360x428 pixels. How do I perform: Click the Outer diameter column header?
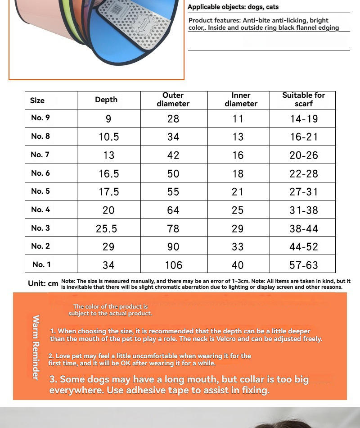pos(173,100)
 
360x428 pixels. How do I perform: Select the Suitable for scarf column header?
pos(303,100)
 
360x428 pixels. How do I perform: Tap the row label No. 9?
pos(40,118)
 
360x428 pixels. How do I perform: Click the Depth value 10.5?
pos(108,137)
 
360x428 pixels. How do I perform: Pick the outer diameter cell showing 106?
pos(173,265)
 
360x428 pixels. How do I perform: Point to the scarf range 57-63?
pos(304,265)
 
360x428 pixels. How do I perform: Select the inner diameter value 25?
pos(238,210)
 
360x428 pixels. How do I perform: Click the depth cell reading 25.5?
pos(107,228)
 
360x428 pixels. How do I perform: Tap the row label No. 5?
pos(40,191)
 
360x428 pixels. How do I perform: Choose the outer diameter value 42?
pos(173,155)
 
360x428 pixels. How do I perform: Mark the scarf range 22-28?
pos(304,173)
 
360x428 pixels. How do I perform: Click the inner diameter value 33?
pos(238,247)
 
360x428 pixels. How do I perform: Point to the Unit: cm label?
pos(43,283)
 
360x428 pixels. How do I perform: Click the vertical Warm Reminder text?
pos(36,347)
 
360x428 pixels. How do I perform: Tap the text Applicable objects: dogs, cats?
pos(233,7)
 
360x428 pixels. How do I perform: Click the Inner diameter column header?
pos(241,100)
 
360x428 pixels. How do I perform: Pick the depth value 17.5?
pos(108,192)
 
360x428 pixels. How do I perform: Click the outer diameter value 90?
pos(173,247)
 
